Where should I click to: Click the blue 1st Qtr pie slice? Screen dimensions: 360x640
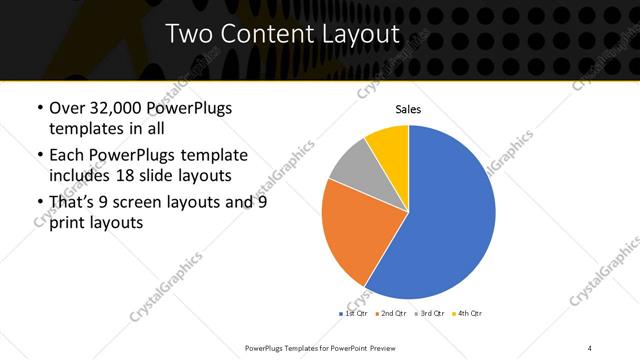[440, 220]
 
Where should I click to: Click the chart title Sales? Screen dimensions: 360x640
[408, 109]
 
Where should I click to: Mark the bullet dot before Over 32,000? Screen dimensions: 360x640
[39, 109]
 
